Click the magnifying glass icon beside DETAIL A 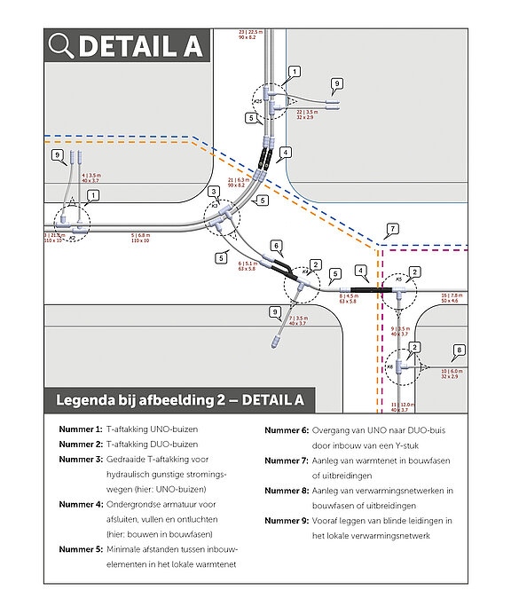click(61, 45)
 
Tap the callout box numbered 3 click(213, 192)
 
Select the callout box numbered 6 click(276, 246)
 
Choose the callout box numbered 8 click(459, 350)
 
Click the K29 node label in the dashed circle click(258, 102)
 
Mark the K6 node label click(389, 366)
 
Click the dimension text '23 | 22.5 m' click(248, 32)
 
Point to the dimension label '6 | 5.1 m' click(250, 264)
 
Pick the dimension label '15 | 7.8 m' click(451, 295)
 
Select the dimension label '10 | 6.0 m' click(451, 371)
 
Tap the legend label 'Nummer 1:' click(80, 429)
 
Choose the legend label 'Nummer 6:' click(286, 429)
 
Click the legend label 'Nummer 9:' click(286, 520)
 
